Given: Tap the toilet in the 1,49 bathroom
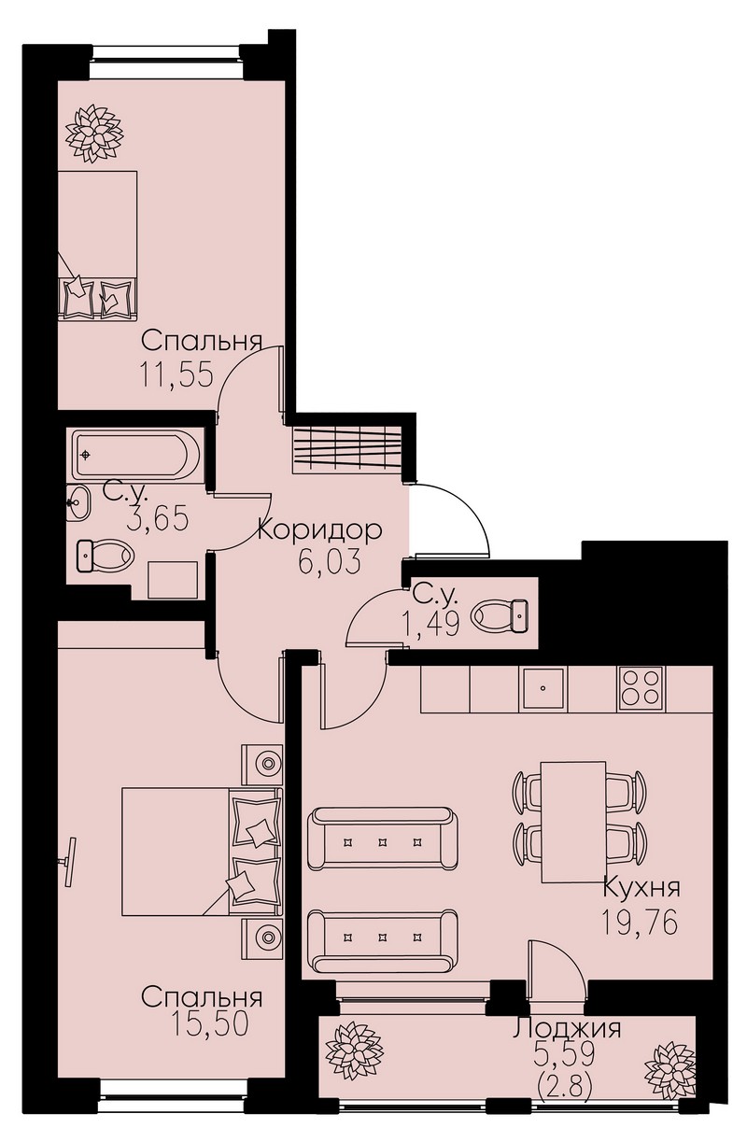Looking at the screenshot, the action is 500,615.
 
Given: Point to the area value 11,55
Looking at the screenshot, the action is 175,375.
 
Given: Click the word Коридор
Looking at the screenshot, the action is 320,530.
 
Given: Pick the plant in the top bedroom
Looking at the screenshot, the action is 94,134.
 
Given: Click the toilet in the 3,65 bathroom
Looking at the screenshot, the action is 105,556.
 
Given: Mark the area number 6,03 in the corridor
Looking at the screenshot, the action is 330,561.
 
